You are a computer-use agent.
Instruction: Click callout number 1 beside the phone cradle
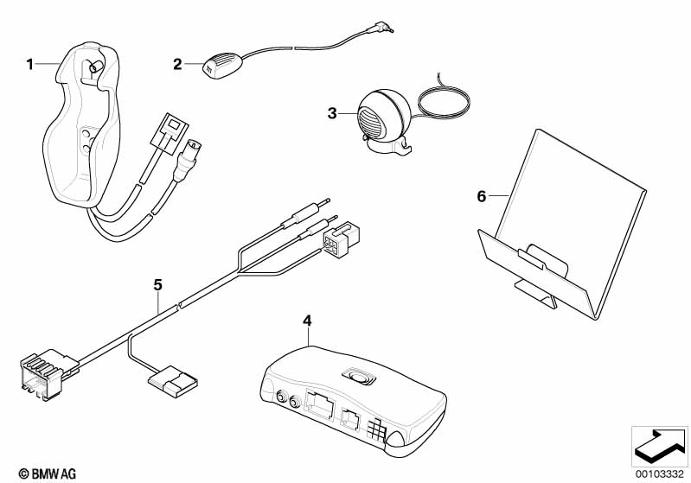29,65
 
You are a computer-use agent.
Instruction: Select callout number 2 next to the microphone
177,64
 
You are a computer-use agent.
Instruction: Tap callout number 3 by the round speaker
332,113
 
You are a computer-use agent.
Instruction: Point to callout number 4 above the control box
307,321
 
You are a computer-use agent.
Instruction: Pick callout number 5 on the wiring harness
157,285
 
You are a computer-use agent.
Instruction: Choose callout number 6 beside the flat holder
481,196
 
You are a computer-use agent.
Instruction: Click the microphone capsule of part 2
221,65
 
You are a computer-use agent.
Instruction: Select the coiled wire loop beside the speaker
444,102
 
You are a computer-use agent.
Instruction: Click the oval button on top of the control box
358,377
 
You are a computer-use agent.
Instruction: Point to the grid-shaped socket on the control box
375,429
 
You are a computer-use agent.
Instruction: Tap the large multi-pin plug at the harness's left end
48,373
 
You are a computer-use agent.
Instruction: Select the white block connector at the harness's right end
341,239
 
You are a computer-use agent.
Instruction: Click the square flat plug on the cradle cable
170,133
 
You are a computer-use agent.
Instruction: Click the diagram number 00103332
660,474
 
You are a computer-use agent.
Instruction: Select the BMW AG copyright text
48,473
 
